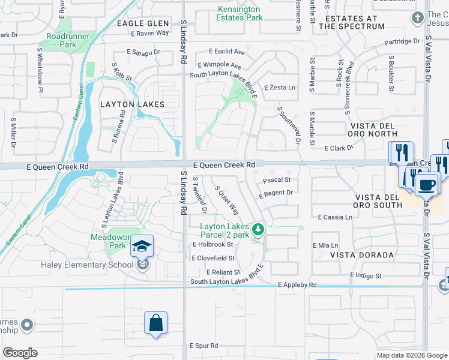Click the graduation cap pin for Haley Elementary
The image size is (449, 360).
[142, 247]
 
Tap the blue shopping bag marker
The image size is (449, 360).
[155, 323]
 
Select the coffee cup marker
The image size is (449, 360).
[427, 184]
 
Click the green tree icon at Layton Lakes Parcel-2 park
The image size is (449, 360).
[258, 229]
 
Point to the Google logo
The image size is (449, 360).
[20, 353]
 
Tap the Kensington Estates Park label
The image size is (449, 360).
[240, 13]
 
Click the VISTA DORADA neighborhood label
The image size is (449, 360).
[362, 255]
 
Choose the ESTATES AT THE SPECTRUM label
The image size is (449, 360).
[351, 22]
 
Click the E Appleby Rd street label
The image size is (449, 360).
[297, 285]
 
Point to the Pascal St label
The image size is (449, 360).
[277, 179]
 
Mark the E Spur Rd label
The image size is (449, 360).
[203, 346]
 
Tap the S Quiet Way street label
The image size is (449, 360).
[227, 200]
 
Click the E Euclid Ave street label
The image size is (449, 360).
[227, 52]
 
